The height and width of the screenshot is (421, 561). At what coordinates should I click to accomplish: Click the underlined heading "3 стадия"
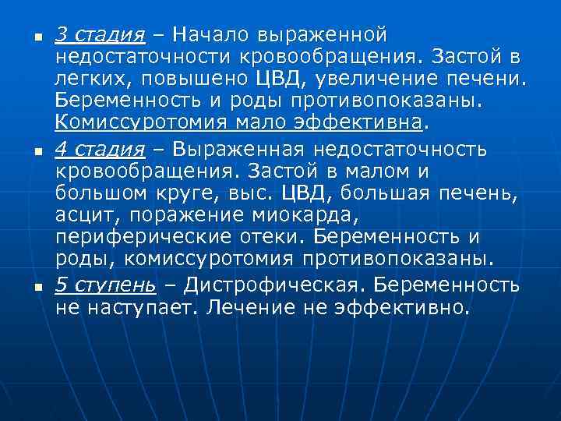101,36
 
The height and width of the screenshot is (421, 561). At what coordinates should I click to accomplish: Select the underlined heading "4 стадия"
101,149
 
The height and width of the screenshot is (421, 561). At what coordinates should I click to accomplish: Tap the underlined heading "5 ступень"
105,285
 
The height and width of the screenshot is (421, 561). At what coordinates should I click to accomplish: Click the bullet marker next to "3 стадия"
26,37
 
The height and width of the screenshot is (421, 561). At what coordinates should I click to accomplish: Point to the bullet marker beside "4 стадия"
26,150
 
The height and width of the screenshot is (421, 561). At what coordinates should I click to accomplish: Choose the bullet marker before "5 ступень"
26,286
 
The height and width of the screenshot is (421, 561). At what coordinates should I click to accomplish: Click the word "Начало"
210,35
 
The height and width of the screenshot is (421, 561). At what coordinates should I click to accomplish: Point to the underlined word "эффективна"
358,125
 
